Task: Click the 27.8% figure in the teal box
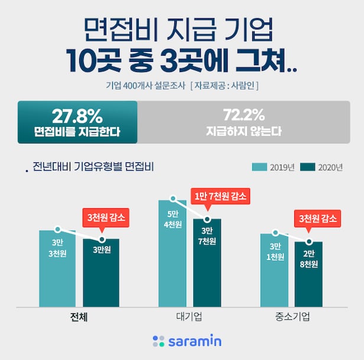tap(77, 114)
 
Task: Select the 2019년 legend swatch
tap(260, 167)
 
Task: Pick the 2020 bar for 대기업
tap(206, 263)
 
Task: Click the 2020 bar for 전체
tap(101, 272)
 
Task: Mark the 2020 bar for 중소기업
tap(309, 274)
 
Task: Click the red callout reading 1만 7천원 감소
tap(220, 196)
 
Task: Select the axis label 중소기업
tap(292, 316)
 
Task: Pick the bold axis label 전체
tap(79, 316)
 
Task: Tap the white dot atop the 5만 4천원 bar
tap(173, 199)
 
